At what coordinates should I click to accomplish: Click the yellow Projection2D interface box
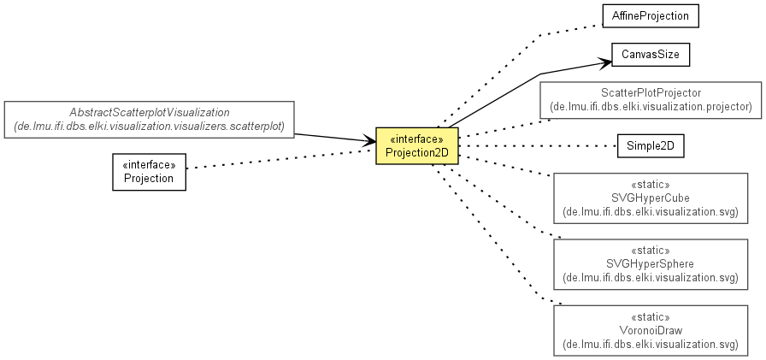[416, 145]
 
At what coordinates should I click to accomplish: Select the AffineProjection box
[651, 16]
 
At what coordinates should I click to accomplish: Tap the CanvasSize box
[651, 55]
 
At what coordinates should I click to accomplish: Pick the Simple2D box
[651, 145]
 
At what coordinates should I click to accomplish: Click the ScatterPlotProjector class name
[651, 93]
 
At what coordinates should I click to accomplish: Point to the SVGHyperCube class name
[651, 198]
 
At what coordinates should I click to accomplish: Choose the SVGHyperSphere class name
[651, 264]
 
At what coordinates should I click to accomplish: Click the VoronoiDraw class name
[651, 331]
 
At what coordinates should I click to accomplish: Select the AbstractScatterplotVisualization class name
[150, 113]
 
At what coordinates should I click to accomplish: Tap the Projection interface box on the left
[149, 172]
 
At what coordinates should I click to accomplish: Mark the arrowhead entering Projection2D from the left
[370, 142]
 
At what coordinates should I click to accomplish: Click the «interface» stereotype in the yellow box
[416, 139]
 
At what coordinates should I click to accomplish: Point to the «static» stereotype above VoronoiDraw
[651, 317]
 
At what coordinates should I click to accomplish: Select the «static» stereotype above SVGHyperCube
[651, 185]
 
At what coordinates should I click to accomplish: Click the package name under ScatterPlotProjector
[651, 107]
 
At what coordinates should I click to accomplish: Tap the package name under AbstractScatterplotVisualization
[150, 127]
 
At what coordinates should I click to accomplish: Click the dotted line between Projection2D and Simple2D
[538, 145]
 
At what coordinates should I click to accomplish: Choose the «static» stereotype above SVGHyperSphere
[651, 251]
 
